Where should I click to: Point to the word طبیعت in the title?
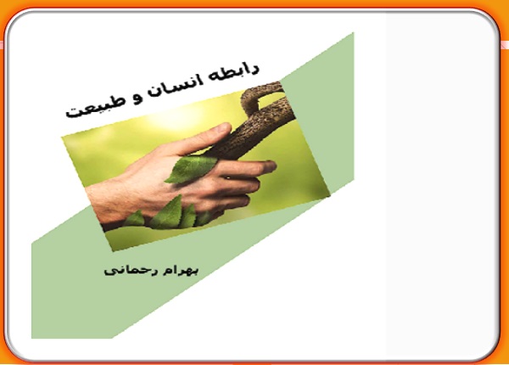95,107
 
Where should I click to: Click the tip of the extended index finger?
272,166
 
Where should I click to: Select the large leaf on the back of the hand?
193,168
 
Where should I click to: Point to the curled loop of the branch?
260,95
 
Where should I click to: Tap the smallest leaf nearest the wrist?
135,219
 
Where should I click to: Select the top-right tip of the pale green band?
353,33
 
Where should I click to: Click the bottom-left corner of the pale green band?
32,338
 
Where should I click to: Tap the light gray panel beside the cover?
441,185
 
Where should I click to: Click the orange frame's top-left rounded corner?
7,20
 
